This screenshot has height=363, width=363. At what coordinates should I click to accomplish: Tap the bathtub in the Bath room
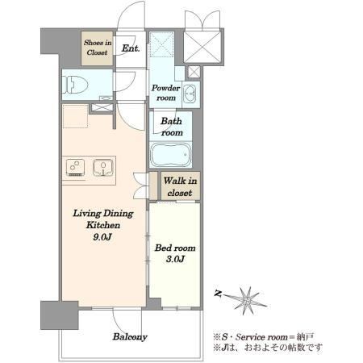pyautogui.click(x=171, y=155)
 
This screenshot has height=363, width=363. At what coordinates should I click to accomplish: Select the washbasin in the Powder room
pyautogui.click(x=190, y=94)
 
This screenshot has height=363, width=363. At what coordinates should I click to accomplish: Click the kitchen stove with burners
pyautogui.click(x=76, y=168)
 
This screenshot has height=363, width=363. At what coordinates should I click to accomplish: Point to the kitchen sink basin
pyautogui.click(x=103, y=168)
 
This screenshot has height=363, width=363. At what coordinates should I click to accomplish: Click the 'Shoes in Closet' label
pyautogui.click(x=98, y=48)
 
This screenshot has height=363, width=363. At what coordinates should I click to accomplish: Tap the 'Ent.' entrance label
pyautogui.click(x=131, y=48)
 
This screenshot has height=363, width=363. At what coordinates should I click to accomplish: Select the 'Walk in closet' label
pyautogui.click(x=180, y=186)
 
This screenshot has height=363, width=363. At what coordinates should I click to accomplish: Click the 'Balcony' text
pyautogui.click(x=130, y=337)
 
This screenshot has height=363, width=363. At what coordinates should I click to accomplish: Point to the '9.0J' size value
pyautogui.click(x=102, y=237)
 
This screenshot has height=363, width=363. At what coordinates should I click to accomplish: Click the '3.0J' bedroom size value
pyautogui.click(x=175, y=259)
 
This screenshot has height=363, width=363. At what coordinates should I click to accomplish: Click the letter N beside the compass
pyautogui.click(x=218, y=294)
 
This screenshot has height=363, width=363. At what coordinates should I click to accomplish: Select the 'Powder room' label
pyautogui.click(x=166, y=93)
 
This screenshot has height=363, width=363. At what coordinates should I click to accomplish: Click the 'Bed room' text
pyautogui.click(x=175, y=248)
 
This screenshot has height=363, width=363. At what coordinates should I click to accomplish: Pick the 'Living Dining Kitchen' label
pyautogui.click(x=103, y=219)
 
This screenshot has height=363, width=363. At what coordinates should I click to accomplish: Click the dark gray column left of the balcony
pyautogui.click(x=60, y=315)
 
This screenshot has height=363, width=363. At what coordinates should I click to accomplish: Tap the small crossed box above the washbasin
pyautogui.click(x=194, y=72)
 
